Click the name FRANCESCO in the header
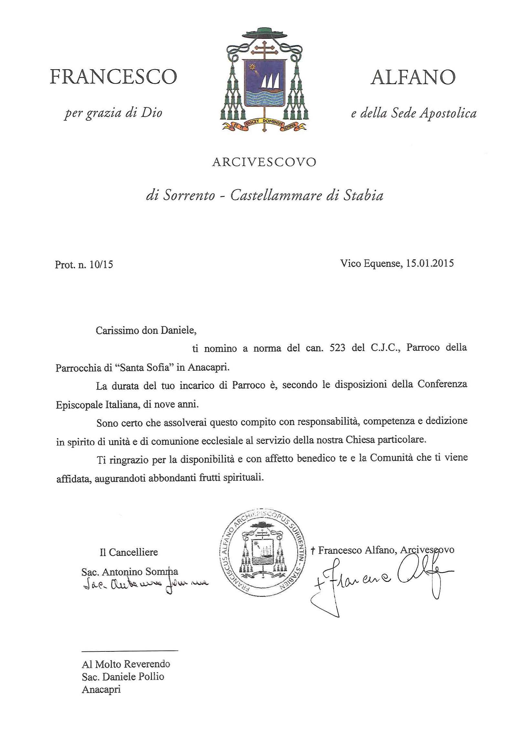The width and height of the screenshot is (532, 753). pos(113,77)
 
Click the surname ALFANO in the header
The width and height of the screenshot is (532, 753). pos(413,77)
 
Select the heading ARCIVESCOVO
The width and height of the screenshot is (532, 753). pos(264,162)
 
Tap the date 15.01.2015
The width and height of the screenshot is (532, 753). pos(430,263)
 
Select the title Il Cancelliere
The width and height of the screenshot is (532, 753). pos(129,552)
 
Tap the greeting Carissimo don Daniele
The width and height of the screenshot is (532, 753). pos(146,330)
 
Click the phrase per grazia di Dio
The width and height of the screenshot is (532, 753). pos(113,113)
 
